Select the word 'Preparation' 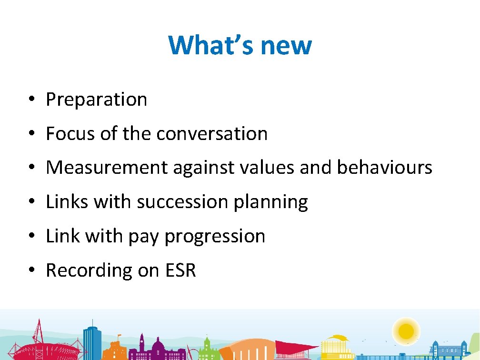pos(96,100)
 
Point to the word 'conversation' pos(212,134)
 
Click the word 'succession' pos(182,202)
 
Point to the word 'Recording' pos(89,270)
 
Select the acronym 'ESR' pos(180,270)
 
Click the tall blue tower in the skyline pos(92,340)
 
